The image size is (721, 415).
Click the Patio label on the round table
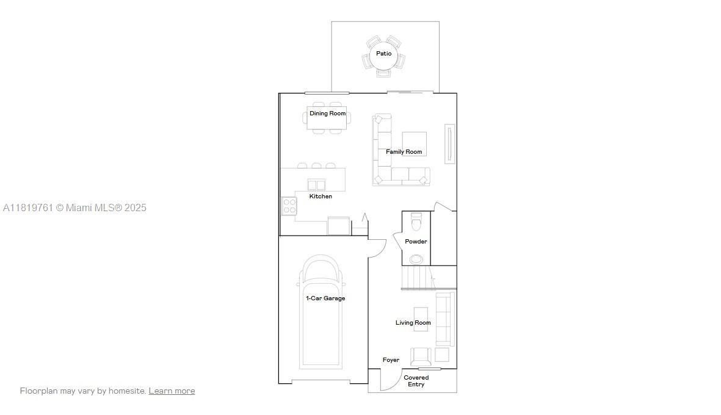point(384,54)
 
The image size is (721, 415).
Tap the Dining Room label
point(327,114)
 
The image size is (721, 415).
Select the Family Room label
point(404,152)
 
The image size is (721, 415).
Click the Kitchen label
point(321,197)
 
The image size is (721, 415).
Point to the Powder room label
point(416,241)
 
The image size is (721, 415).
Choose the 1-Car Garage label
point(325,298)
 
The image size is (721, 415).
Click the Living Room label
point(413,323)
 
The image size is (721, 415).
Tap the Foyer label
point(391,360)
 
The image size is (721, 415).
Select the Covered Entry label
point(416,381)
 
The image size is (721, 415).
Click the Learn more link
point(172,391)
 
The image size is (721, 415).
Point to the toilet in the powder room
point(416,222)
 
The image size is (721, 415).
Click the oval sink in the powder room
point(416,259)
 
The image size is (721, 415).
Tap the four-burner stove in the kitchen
point(289,206)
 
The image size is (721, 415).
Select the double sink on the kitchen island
point(316,185)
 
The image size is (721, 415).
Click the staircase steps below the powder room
point(418,277)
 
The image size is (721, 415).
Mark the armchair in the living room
point(421,356)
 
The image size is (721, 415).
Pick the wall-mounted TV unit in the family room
point(450,144)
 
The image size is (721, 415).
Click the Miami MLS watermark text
point(74,208)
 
